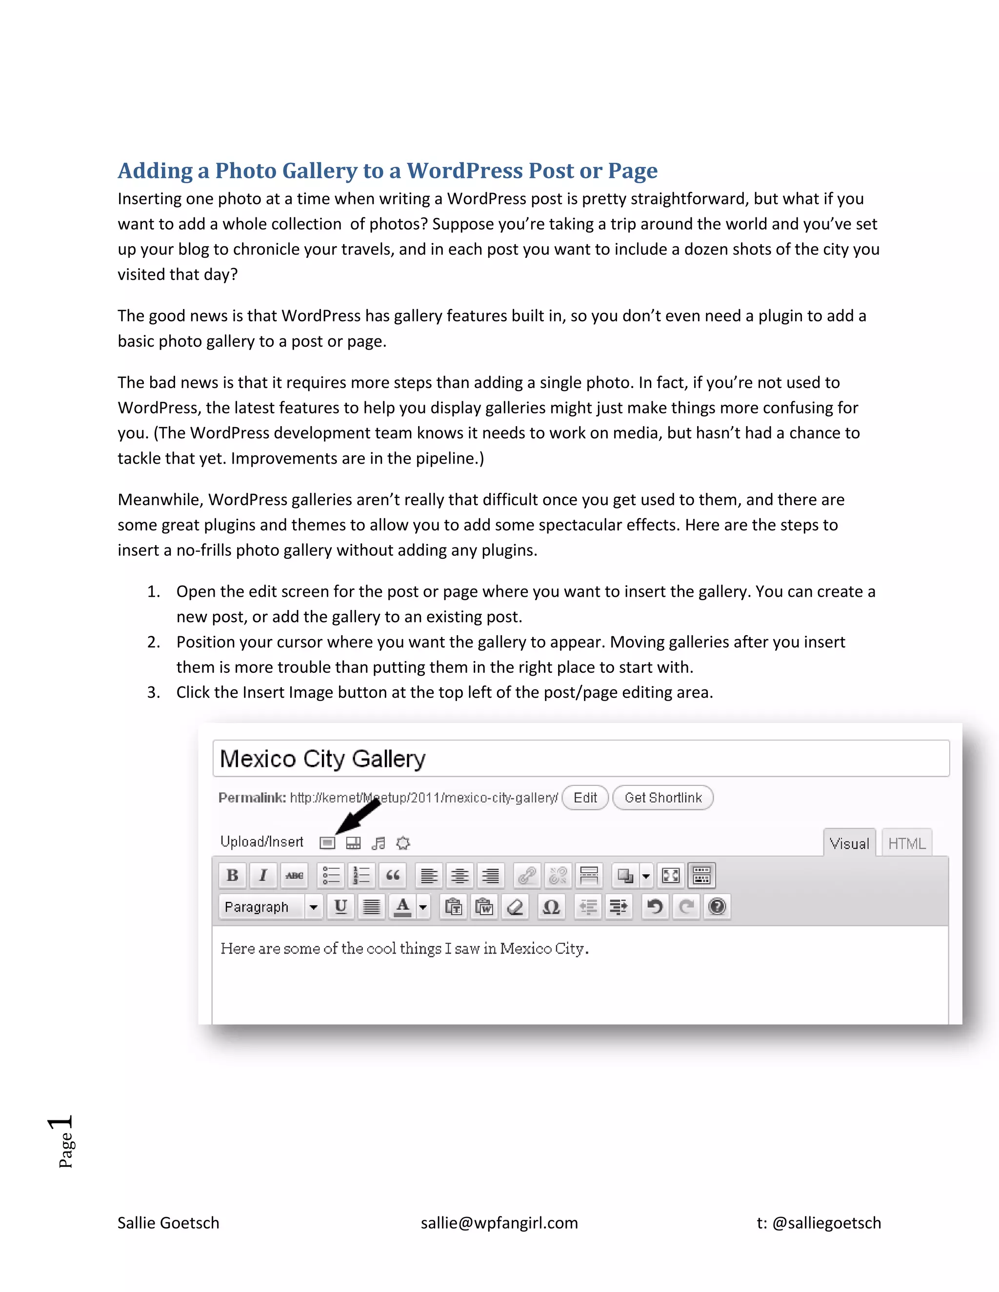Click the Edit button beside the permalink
585,798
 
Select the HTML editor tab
907,843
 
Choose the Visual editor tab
849,843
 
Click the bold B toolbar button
233,875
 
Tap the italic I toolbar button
263,875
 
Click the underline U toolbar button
340,906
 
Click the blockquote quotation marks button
392,875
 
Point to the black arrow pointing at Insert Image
358,816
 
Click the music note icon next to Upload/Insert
378,842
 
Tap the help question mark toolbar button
717,906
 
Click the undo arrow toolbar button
655,906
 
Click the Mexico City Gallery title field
580,759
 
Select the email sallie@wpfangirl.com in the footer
499,1223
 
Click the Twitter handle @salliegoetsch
826,1223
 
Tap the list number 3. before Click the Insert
153,692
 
